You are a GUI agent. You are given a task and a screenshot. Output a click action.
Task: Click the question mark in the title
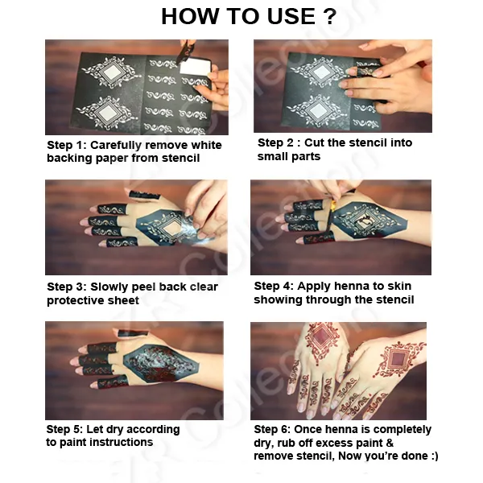tap(330, 16)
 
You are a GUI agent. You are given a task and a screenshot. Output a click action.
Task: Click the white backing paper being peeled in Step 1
tap(195, 66)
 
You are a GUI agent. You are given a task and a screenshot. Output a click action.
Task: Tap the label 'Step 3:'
tap(67, 287)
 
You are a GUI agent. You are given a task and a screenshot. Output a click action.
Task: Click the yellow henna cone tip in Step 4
tap(333, 206)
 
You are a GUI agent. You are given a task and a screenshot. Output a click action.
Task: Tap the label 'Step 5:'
tap(64, 429)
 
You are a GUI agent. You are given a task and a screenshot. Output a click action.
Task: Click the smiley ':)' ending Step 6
tap(435, 456)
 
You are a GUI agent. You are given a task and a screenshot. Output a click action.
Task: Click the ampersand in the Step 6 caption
tap(390, 443)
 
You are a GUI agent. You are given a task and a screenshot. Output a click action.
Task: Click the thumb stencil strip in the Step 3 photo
tap(144, 195)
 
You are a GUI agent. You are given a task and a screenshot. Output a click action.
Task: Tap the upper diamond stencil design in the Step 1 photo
tap(110, 72)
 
